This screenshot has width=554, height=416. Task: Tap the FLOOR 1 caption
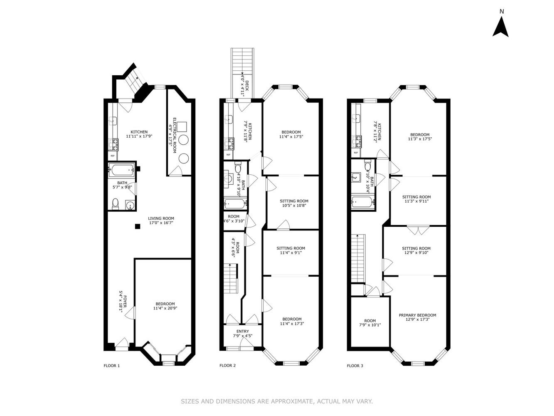[x=111, y=366]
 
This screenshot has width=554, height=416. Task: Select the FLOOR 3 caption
[x=355, y=366]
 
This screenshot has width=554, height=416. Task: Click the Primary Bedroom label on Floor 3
[x=417, y=315]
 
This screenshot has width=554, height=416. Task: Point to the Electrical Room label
[x=172, y=136]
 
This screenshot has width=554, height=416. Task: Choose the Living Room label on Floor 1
[x=161, y=218]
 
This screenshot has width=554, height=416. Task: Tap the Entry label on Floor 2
[x=242, y=332]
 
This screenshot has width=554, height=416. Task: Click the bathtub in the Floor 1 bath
[x=121, y=170]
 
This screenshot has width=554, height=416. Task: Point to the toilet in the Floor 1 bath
[x=116, y=204]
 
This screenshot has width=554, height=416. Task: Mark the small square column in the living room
[x=137, y=226]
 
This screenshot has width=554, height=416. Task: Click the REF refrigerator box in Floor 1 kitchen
[x=113, y=156]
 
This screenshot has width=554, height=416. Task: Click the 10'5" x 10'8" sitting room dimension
[x=294, y=205]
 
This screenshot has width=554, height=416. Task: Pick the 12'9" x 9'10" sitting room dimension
[x=416, y=253]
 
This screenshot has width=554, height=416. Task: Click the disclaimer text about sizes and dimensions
[x=277, y=401]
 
